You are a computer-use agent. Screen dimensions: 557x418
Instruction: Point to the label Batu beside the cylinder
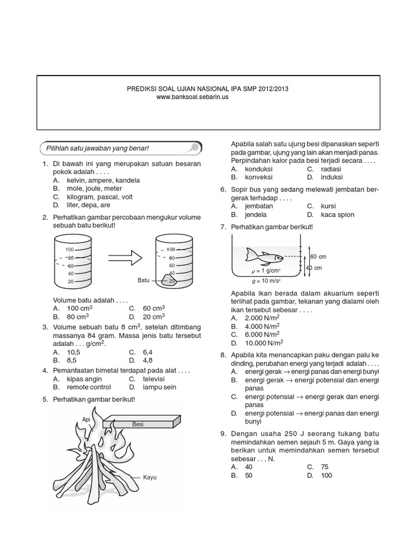tap(143, 281)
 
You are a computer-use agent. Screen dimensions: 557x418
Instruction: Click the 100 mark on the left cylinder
tap(70, 249)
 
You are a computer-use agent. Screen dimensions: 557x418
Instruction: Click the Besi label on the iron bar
tap(138, 424)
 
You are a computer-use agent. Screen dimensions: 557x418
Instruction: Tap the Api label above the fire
tap(85, 419)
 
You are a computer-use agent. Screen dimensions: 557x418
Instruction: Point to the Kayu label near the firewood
tap(150, 477)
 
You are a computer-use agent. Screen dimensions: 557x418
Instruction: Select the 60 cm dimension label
tap(318, 256)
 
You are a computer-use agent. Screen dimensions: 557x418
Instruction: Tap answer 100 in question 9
tap(326, 475)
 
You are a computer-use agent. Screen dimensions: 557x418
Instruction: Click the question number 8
tap(223, 355)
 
